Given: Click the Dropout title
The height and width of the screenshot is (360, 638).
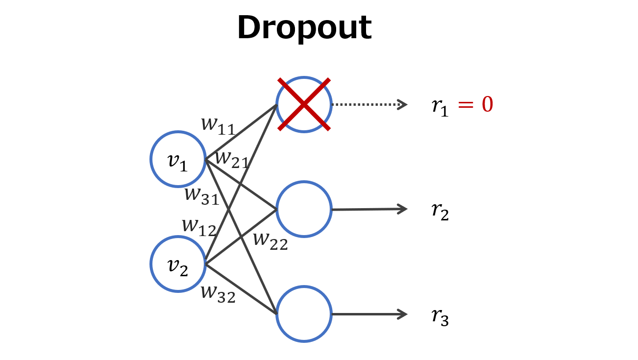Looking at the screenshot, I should click(304, 28).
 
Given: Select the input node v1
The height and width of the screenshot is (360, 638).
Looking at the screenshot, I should click(178, 159).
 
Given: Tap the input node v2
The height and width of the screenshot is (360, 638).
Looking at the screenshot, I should click(178, 264).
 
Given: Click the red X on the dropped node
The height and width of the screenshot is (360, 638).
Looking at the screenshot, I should click(304, 104).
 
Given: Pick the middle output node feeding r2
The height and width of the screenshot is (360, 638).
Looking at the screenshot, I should click(304, 209).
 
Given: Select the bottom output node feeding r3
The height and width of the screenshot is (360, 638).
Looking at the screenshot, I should click(304, 314).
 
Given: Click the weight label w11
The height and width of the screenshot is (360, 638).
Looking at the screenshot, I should click(218, 125).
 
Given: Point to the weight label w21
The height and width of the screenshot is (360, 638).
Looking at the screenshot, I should click(232, 159).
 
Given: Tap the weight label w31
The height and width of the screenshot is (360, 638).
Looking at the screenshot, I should click(201, 195).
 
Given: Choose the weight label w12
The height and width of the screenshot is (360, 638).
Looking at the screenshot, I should click(199, 227).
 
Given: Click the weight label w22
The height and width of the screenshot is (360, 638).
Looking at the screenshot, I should click(270, 240).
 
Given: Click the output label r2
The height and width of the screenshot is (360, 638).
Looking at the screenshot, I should click(440, 211).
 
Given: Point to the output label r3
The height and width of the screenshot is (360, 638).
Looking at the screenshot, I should click(440, 316).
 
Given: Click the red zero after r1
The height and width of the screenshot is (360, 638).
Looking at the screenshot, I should click(487, 105).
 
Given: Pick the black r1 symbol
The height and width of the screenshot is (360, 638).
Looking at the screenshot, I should click(440, 106).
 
